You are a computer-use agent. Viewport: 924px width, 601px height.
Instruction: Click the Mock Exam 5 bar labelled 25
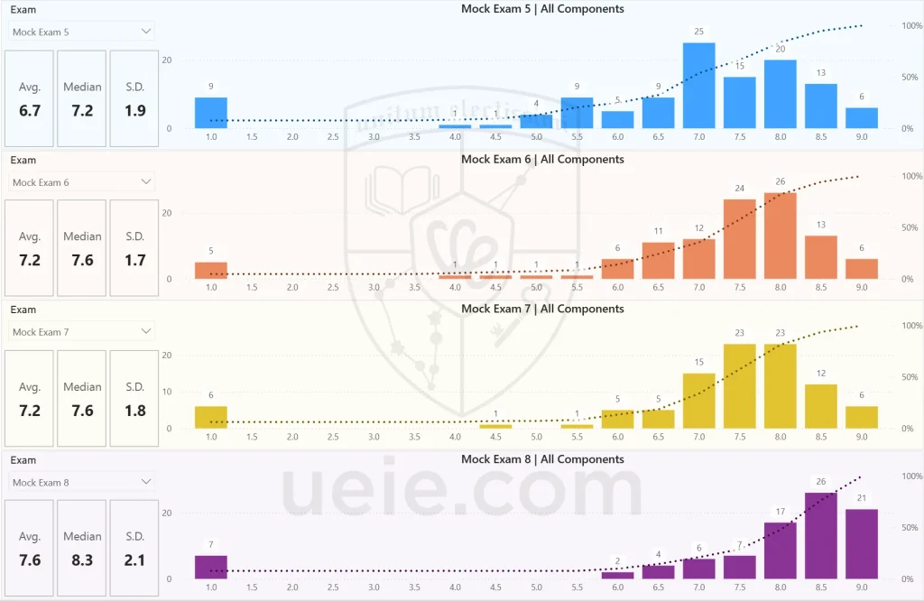coord(698,86)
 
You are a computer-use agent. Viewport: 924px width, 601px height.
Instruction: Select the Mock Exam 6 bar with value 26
coord(780,236)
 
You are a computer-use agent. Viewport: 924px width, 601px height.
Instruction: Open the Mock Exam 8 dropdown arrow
coord(146,482)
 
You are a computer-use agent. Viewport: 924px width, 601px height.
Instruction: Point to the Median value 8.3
coord(82,560)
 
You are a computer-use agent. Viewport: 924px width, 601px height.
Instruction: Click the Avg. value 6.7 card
coord(30,110)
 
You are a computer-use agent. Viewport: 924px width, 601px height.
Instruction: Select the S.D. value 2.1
coord(134,560)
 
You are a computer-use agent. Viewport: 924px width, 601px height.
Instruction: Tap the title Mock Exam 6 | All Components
coord(542,160)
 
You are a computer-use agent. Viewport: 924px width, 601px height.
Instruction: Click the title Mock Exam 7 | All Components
coord(542,310)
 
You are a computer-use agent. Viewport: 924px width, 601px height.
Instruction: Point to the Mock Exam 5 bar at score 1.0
coord(211,113)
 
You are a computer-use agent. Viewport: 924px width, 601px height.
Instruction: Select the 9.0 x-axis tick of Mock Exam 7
coord(862,437)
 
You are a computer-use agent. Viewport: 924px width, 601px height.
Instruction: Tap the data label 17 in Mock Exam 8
coord(780,513)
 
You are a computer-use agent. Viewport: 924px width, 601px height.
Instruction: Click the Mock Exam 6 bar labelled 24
coord(739,239)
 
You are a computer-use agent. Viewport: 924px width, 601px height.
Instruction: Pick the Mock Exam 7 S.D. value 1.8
coord(134,411)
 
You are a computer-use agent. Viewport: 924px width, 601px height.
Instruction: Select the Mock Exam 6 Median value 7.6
coord(82,260)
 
